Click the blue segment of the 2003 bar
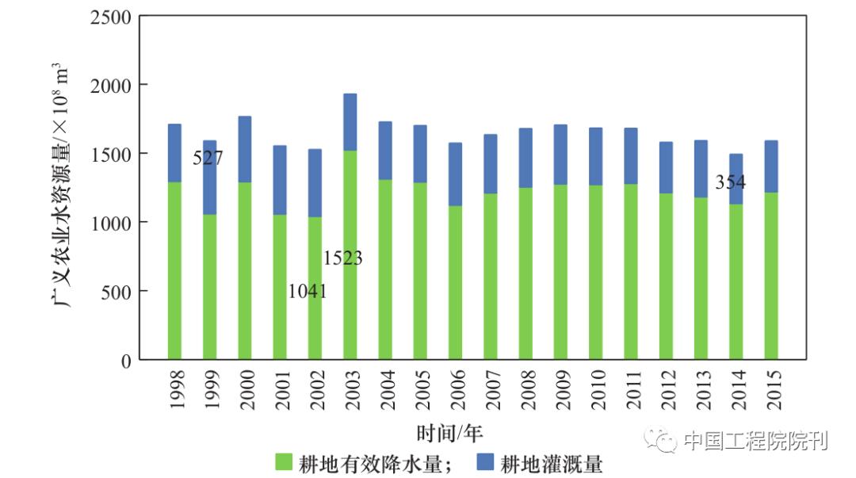pos(350,122)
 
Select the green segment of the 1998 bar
pos(174,270)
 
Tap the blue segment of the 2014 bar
pos(736,179)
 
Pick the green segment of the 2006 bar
pos(455,282)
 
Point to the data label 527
pos(208,159)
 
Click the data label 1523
pos(342,258)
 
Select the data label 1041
pos(307,291)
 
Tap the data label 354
pos(730,182)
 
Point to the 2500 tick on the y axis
pos(112,16)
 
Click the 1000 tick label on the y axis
pos(112,223)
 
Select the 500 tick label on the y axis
pos(117,292)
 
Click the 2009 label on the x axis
pos(561,389)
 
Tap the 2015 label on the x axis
pos(772,389)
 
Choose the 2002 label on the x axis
pos(315,389)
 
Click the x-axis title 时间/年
pos(449,433)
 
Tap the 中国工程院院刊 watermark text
pos(754,440)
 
